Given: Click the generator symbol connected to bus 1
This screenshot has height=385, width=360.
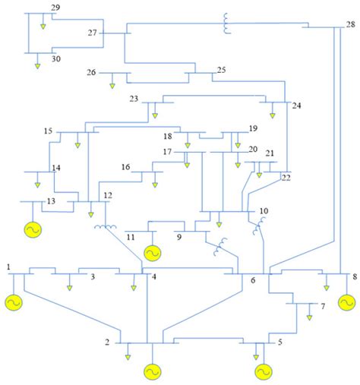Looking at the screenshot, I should click(x=14, y=302).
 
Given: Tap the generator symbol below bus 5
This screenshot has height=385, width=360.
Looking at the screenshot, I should click(x=263, y=371).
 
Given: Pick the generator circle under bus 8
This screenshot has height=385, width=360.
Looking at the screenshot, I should click(x=346, y=302).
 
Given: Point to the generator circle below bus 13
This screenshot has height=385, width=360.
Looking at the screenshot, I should click(x=33, y=229).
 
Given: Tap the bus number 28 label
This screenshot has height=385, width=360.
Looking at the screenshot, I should click(x=349, y=24).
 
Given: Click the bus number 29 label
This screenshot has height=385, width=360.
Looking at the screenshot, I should click(x=55, y=7).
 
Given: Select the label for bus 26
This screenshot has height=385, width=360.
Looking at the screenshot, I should click(x=91, y=73).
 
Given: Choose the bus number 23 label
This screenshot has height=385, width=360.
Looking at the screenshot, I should click(x=134, y=99).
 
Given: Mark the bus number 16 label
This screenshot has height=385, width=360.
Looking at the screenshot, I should click(x=126, y=167).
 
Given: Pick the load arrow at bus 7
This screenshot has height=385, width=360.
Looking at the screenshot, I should click(x=309, y=315).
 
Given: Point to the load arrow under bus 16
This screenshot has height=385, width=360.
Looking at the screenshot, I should click(x=155, y=183).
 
